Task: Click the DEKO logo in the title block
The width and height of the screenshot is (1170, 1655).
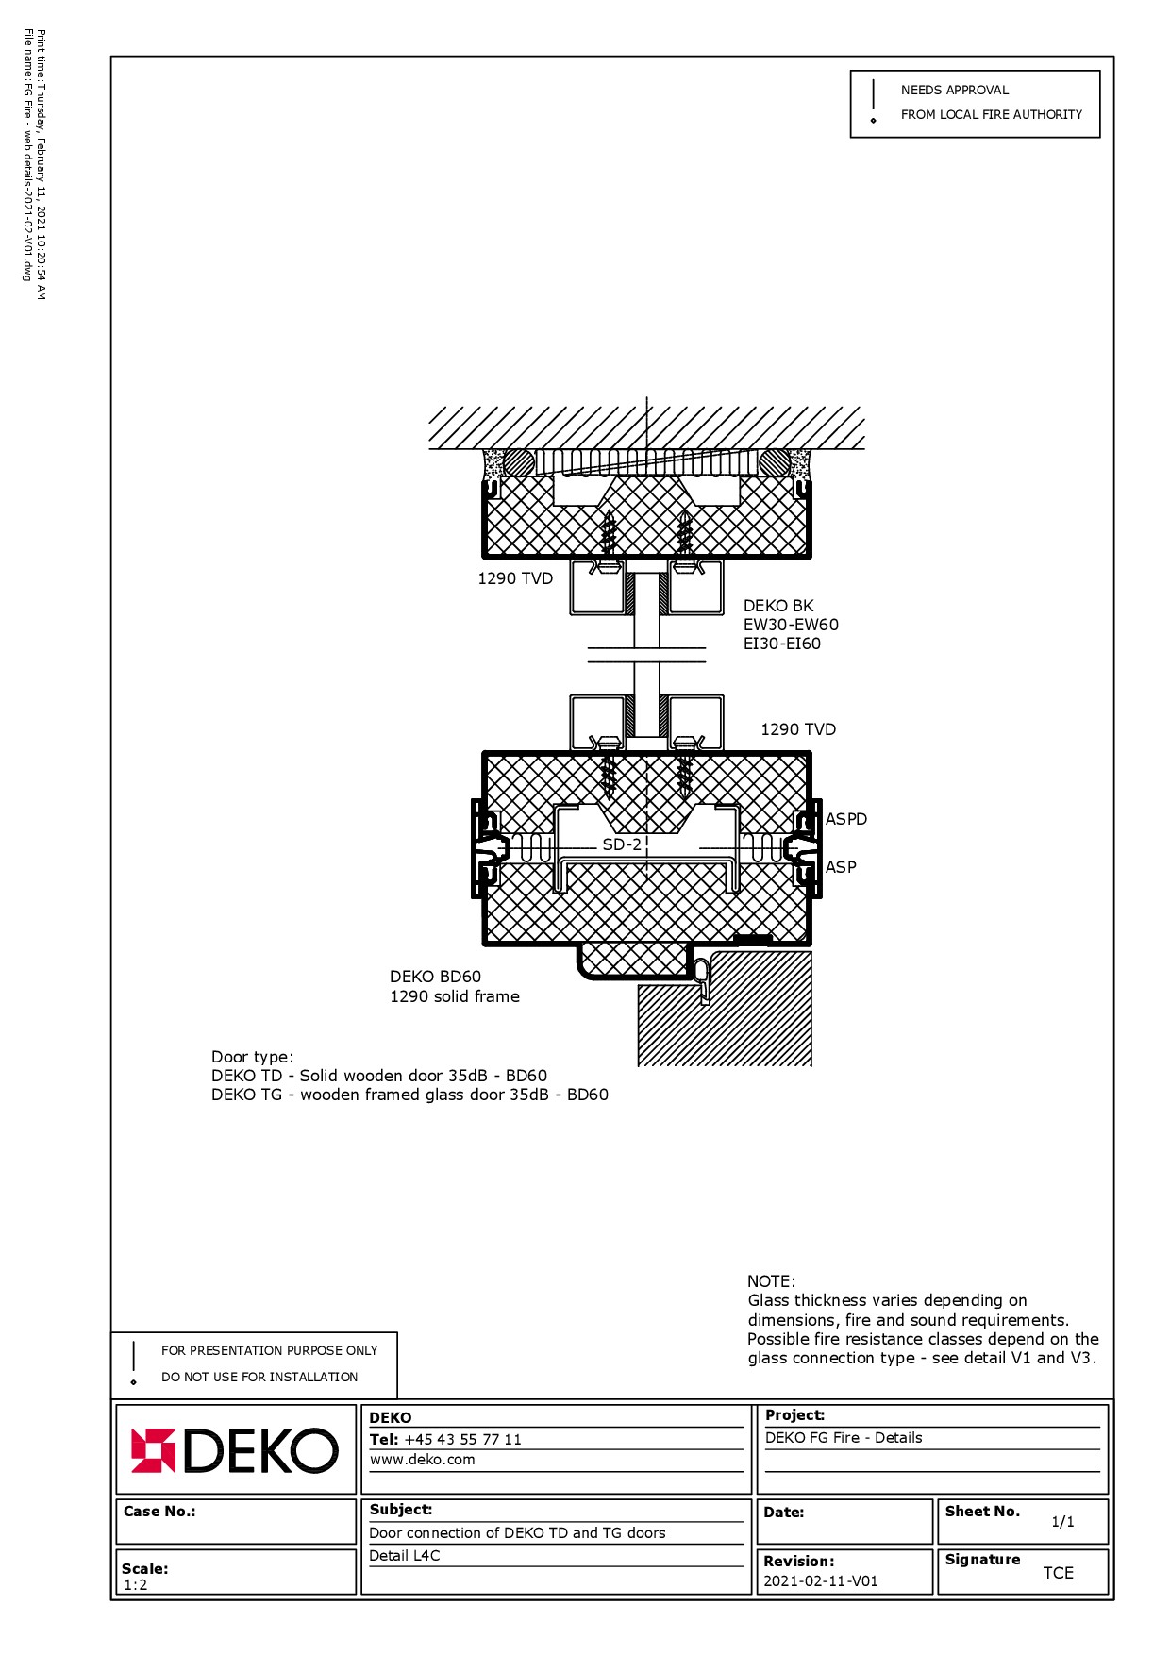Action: pos(234,1451)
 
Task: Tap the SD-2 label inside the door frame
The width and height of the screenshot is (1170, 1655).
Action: pos(622,844)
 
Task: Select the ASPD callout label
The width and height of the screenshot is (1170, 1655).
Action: pos(845,819)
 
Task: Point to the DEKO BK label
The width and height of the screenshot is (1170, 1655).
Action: pos(777,606)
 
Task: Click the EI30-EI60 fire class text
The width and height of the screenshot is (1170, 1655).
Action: pos(782,644)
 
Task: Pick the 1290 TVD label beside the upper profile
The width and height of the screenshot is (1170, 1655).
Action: pos(515,578)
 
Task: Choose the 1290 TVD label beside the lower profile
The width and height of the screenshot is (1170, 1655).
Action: pos(798,729)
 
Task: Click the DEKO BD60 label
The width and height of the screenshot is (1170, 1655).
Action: pos(435,977)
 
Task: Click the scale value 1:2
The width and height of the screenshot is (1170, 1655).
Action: pos(136,1585)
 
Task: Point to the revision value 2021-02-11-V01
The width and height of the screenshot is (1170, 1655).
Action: pos(821,1581)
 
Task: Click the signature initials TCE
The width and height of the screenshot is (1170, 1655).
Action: pos(1058,1573)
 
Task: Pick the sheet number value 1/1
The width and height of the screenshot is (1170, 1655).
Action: pos(1062,1522)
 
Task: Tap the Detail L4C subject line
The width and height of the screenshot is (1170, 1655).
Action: pos(405,1556)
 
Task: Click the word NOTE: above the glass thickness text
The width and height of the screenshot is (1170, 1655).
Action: pos(771,1281)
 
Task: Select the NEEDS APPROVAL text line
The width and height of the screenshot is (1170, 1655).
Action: pos(955,90)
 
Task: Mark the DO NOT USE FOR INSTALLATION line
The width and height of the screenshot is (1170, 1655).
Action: pos(259,1377)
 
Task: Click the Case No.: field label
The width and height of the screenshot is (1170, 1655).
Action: pos(159,1512)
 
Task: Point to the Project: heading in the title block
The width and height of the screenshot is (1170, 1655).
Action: pos(794,1415)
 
